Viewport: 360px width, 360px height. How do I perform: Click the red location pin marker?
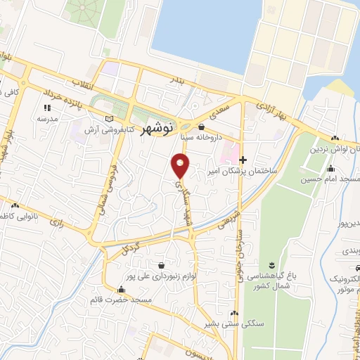point(181,165)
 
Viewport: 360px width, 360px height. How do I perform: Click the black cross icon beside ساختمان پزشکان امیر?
point(244,160)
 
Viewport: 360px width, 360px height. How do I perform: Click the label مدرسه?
point(48,119)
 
